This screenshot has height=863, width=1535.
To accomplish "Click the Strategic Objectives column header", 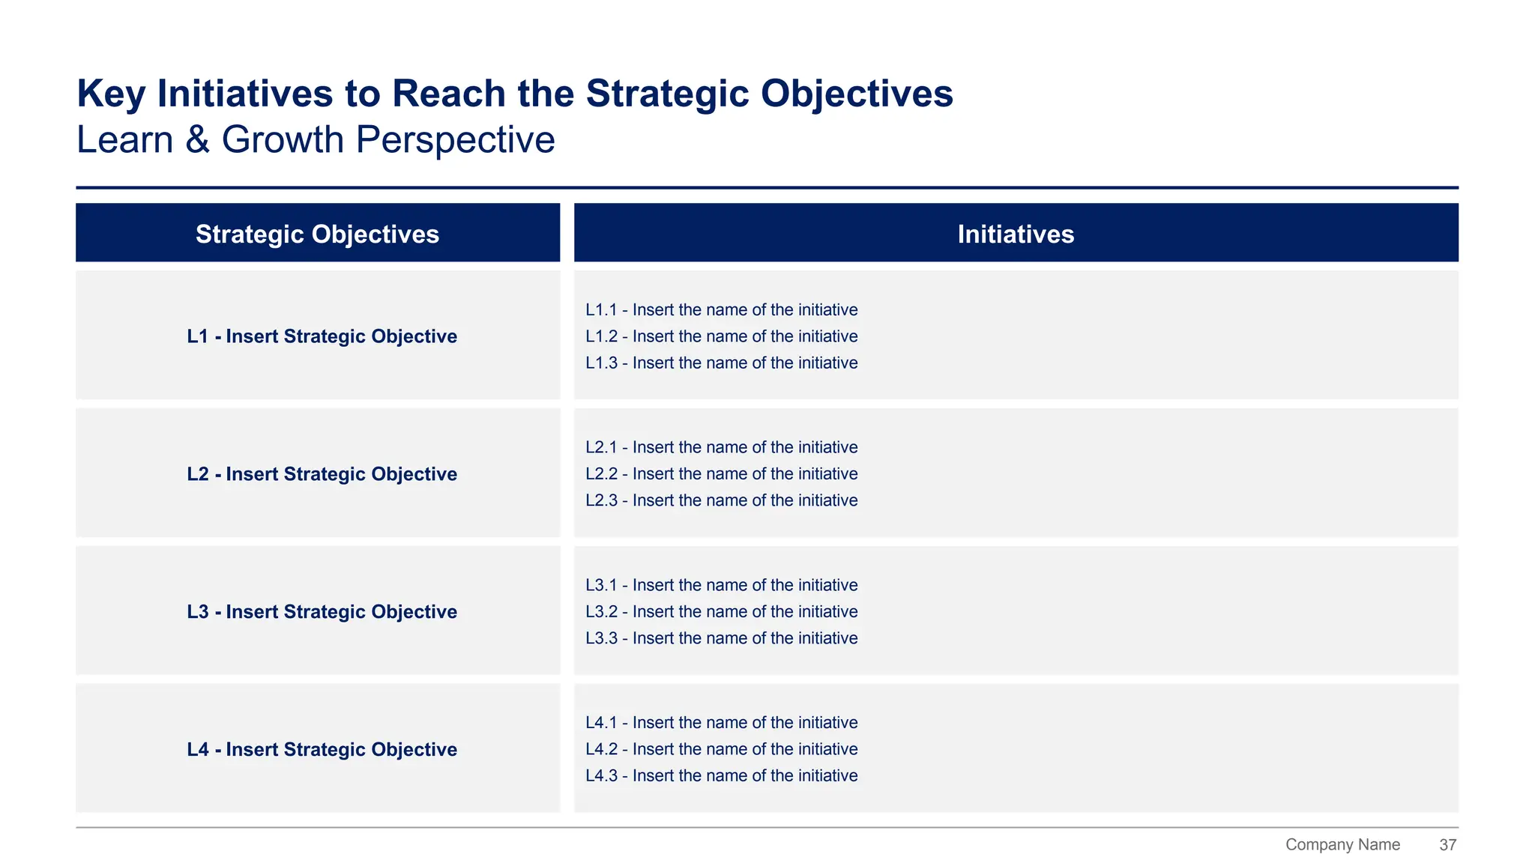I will (317, 234).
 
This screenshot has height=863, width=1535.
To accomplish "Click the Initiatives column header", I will (1016, 234).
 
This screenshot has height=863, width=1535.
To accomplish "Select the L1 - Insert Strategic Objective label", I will (322, 336).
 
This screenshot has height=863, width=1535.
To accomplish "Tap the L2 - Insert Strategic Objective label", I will (322, 474).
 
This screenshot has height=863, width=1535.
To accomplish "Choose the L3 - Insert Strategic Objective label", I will (322, 612).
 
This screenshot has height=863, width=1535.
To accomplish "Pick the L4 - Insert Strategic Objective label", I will (322, 750).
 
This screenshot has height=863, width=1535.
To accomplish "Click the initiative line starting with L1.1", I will (721, 310).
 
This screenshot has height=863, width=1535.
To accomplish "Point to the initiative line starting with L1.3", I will (721, 363).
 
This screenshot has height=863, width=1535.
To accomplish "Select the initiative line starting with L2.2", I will (721, 474).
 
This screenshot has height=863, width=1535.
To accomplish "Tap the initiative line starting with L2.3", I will (721, 500).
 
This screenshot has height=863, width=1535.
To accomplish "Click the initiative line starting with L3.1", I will (721, 585).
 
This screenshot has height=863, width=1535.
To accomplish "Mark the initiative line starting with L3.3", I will (721, 638).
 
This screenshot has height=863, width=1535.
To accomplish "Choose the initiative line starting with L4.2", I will (721, 749).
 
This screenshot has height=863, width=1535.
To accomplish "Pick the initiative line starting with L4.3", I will (721, 776).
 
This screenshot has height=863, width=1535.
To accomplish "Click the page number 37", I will (1447, 845).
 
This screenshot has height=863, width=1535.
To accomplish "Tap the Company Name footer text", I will (1342, 845).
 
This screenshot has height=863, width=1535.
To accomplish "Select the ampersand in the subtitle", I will (197, 140).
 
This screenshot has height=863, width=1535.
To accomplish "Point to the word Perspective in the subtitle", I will (455, 140).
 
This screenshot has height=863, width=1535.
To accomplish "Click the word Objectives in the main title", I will (857, 94).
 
